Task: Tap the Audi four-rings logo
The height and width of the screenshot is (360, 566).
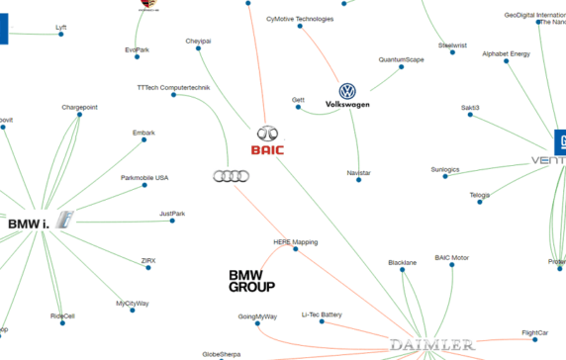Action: pos(231,176)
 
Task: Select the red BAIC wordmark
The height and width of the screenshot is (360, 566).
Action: pos(267,150)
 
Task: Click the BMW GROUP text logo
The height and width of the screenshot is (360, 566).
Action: pos(251,281)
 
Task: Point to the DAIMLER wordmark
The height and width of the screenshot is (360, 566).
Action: pos(430,345)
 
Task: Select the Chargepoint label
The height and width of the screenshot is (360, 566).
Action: pos(79,106)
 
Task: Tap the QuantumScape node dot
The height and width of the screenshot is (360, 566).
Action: pos(402,68)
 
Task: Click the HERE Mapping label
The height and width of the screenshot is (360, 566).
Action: pos(294,241)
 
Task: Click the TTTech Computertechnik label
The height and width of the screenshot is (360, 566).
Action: pos(173,87)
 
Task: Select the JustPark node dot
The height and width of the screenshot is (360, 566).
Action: pos(172,221)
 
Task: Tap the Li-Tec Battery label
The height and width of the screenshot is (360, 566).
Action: pos(322,315)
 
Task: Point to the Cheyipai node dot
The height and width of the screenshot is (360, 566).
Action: pos(199,49)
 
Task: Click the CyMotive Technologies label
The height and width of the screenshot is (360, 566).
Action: pos(300,19)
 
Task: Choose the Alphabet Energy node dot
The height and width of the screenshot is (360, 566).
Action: pos(506,62)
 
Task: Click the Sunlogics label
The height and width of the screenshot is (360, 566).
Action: pos(445,169)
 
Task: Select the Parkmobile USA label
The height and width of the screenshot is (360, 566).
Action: pos(144,178)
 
